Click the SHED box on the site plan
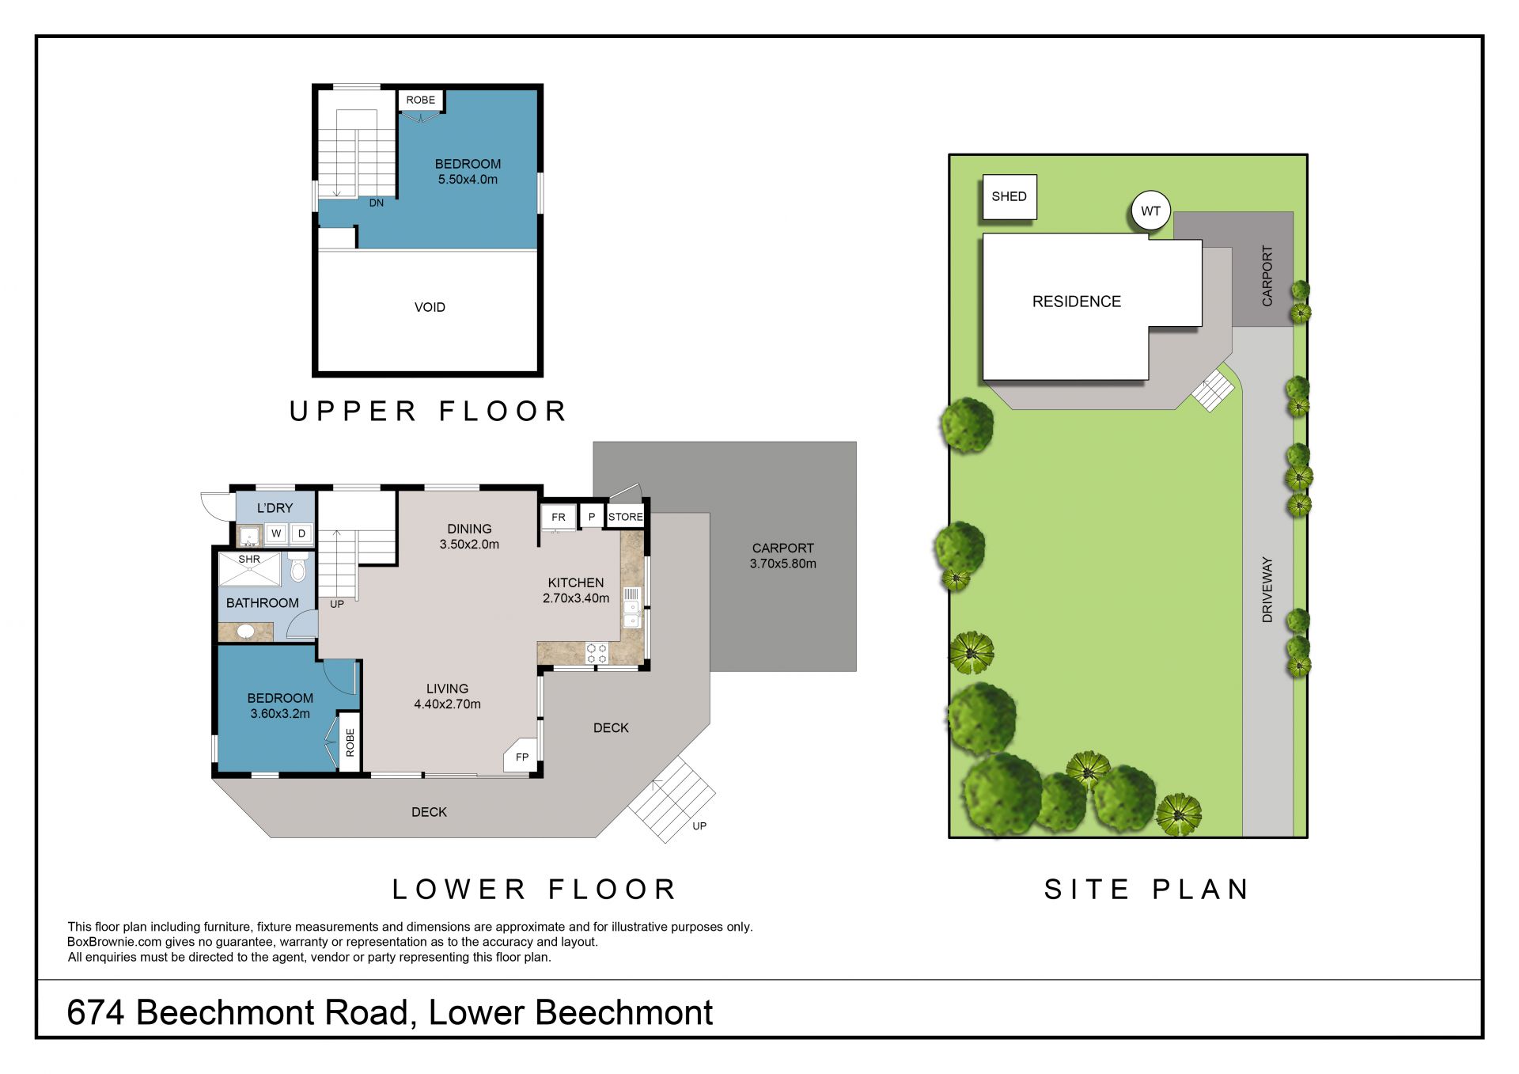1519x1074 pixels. tap(1009, 197)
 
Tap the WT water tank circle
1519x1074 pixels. tap(1150, 211)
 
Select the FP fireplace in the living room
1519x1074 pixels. tap(521, 756)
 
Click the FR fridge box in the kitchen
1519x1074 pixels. tap(559, 518)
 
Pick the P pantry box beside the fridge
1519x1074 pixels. tap(591, 517)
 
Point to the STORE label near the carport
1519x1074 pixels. tap(625, 517)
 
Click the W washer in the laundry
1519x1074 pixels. tap(276, 533)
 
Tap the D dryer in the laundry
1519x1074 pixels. tap(301, 533)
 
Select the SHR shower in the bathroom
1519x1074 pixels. tap(249, 569)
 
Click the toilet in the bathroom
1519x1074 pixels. tap(298, 566)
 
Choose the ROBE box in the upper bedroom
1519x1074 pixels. tap(420, 101)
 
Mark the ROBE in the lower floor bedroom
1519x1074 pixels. tap(350, 742)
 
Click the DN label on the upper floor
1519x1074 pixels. tap(377, 203)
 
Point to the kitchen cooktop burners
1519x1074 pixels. tap(597, 653)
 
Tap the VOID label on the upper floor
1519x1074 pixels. tap(430, 307)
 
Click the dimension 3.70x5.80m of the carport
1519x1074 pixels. tap(783, 564)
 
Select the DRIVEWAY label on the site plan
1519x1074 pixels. tap(1267, 590)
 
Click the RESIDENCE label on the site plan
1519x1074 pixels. tap(1077, 302)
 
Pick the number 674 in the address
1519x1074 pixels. tap(96, 1012)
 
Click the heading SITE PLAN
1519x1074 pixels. tap(1146, 890)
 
